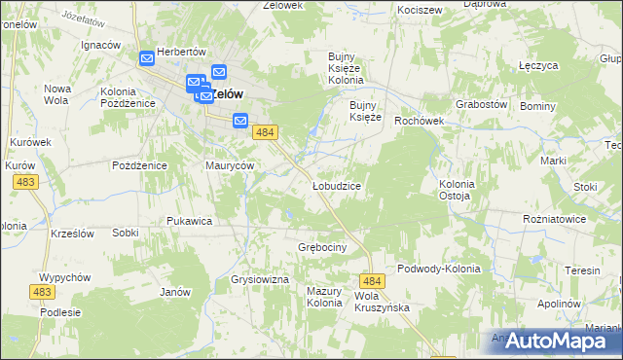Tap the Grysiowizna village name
(261, 280)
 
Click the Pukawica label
(189, 221)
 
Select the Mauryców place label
(230, 165)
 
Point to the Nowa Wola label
(56, 94)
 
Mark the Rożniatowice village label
(554, 219)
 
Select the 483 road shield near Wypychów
(42, 292)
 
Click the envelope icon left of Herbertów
(146, 58)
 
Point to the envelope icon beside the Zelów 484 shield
(240, 121)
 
